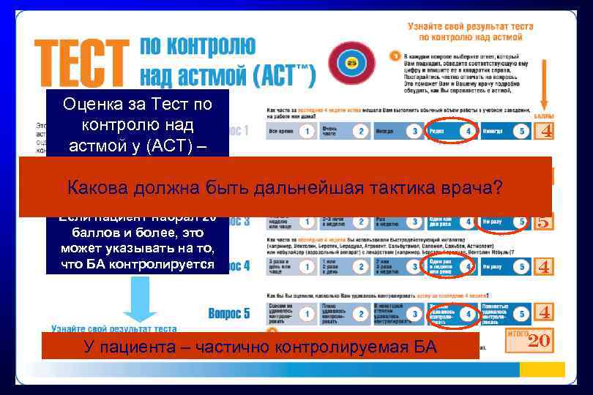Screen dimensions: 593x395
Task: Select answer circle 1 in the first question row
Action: [x=308, y=132]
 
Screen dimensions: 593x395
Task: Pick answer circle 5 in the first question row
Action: [x=521, y=132]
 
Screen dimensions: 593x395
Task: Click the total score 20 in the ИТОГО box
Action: [x=539, y=340]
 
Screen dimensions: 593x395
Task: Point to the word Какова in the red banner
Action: [x=98, y=188]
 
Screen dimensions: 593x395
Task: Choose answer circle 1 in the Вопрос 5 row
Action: [x=308, y=314]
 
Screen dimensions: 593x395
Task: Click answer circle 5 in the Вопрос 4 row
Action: [x=521, y=268]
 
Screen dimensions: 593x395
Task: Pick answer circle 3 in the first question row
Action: [x=415, y=132]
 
